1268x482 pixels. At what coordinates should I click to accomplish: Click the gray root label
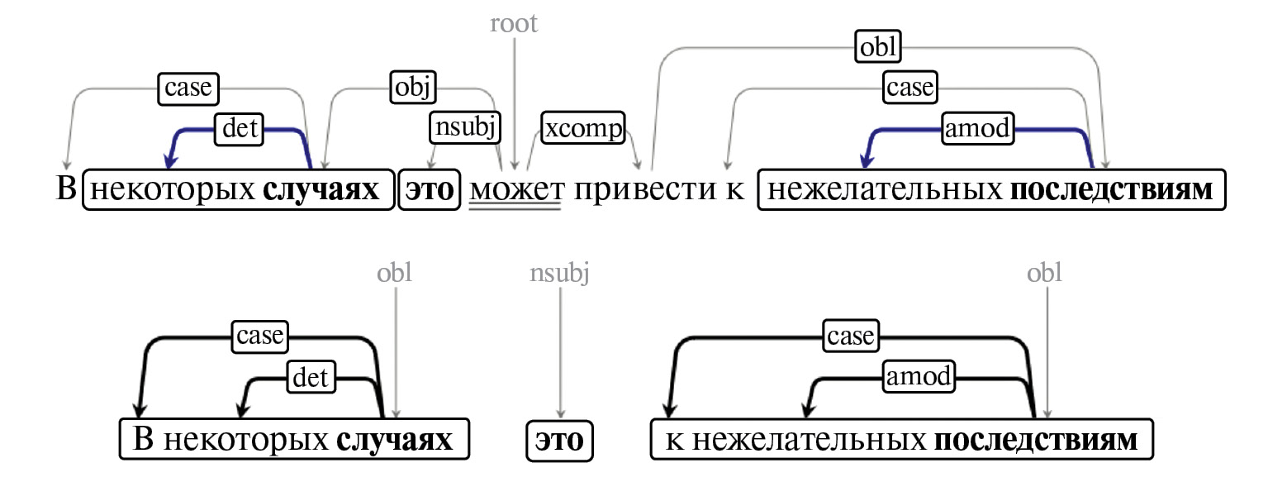[x=514, y=23]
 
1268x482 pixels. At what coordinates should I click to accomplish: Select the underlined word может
[x=516, y=190]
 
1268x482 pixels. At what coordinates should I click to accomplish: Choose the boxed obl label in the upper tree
[x=877, y=47]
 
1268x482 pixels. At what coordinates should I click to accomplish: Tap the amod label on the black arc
[x=919, y=378]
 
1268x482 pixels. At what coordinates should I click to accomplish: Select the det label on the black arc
[x=311, y=378]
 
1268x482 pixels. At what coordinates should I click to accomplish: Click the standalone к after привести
[x=735, y=190]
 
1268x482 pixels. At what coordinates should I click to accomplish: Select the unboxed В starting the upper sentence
[x=65, y=190]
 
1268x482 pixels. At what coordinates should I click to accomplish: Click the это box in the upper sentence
[x=429, y=190]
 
